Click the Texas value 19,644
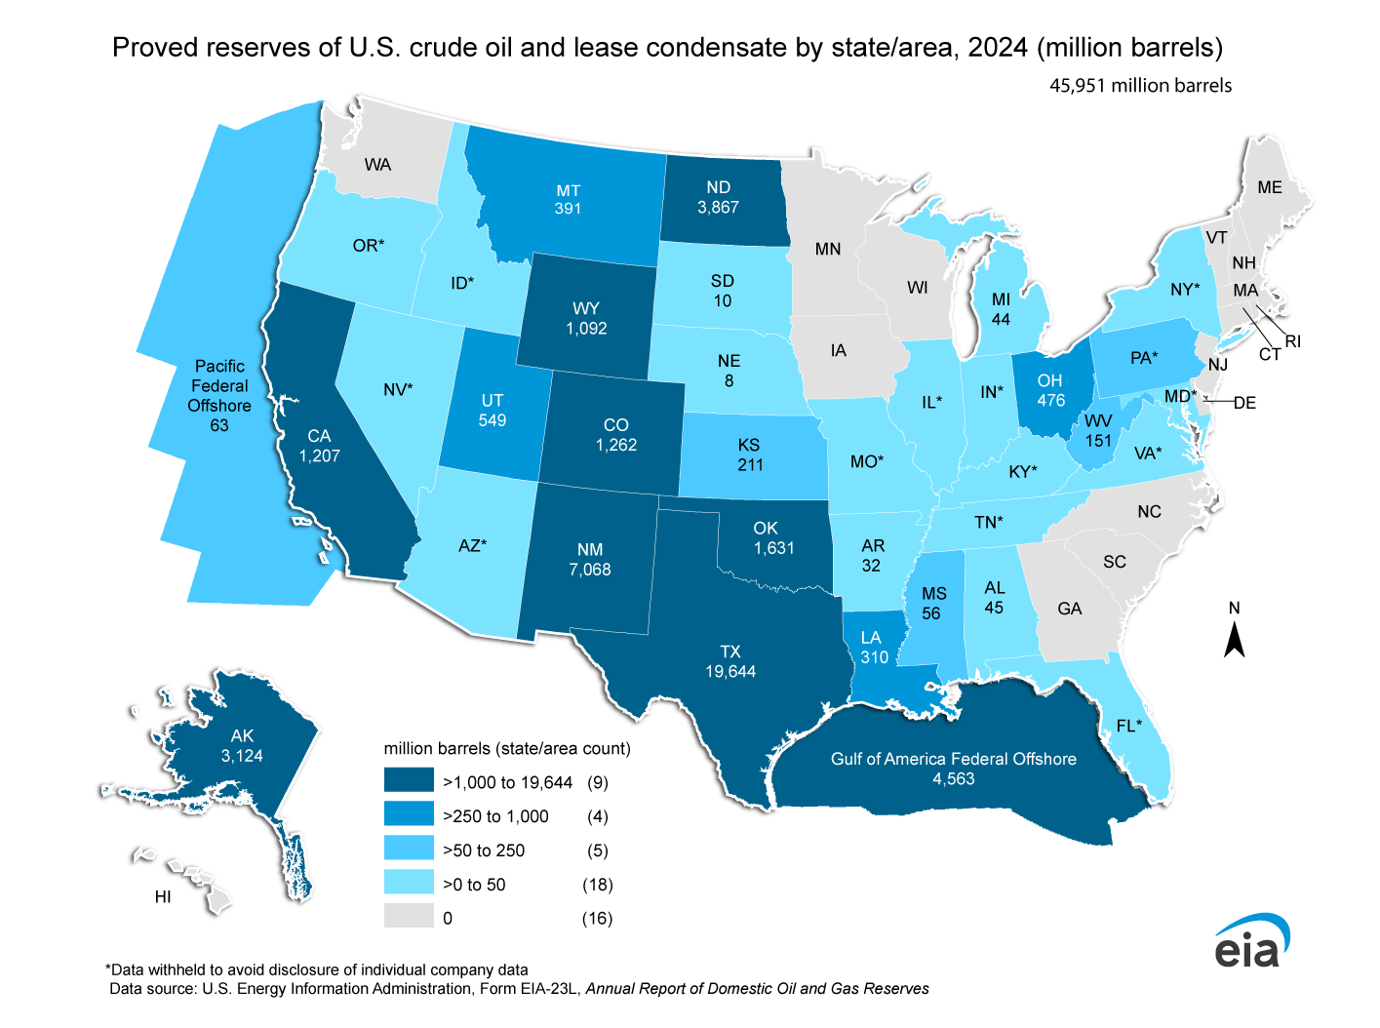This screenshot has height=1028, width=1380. click(x=730, y=672)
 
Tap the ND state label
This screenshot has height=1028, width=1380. click(x=718, y=187)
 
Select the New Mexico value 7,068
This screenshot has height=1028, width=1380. click(x=590, y=570)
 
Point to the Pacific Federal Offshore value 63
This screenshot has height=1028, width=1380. click(x=219, y=425)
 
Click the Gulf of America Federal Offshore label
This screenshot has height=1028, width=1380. click(x=953, y=759)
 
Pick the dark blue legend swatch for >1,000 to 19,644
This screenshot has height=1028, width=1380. click(x=409, y=781)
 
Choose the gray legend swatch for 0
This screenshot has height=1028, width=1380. click(x=409, y=917)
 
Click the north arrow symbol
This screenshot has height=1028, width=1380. click(x=1235, y=640)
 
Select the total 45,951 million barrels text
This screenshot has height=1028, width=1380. click(x=1140, y=86)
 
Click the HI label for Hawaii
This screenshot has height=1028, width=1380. click(x=163, y=896)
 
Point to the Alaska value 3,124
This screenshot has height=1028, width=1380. click(x=242, y=756)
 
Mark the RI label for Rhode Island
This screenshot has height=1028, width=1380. click(x=1293, y=341)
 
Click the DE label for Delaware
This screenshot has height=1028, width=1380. click(x=1245, y=403)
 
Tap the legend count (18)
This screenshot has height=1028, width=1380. click(x=597, y=885)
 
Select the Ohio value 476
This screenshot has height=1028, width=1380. click(x=1050, y=401)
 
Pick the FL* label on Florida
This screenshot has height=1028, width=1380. click(x=1128, y=726)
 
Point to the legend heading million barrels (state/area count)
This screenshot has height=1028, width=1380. click(x=507, y=748)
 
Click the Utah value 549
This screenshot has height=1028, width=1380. click(x=493, y=420)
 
